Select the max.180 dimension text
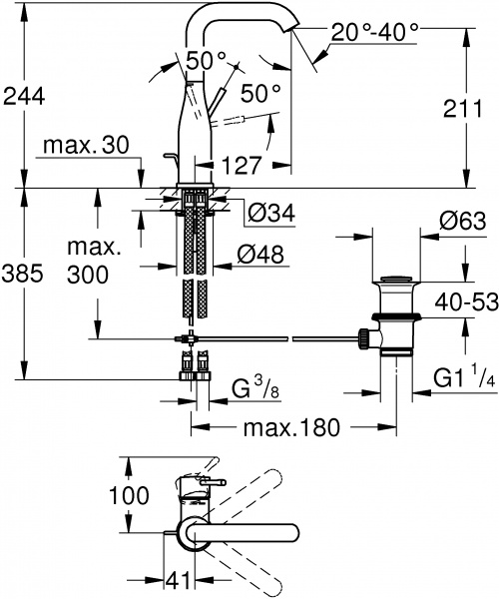pos(290,427)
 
